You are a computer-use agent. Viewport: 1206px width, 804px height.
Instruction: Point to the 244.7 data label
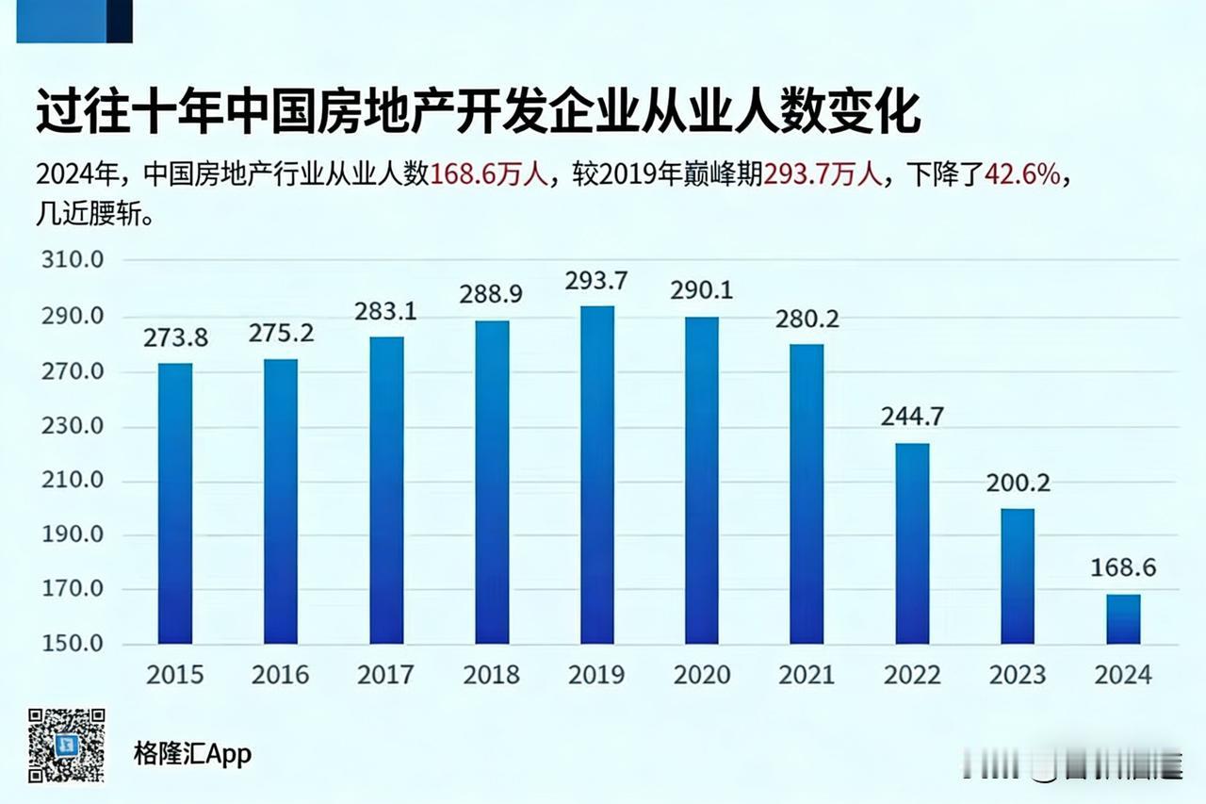pyautogui.click(x=912, y=417)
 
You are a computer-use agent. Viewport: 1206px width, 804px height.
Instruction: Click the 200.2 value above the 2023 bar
pyautogui.click(x=1018, y=483)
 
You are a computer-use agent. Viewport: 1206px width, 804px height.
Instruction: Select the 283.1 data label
pyautogui.click(x=386, y=310)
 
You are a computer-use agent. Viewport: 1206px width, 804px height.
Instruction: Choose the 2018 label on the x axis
pyautogui.click(x=492, y=675)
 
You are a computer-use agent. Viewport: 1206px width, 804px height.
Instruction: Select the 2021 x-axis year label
pyautogui.click(x=807, y=675)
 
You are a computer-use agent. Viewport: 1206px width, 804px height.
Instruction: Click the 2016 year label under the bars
pyautogui.click(x=281, y=675)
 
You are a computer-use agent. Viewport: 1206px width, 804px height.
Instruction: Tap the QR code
pyautogui.click(x=66, y=745)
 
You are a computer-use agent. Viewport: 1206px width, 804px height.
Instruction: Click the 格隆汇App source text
pyautogui.click(x=192, y=754)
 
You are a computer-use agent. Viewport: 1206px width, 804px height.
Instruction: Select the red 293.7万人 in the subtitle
pyautogui.click(x=821, y=175)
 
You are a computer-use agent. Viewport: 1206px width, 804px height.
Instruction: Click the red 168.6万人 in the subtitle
pyautogui.click(x=488, y=175)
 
